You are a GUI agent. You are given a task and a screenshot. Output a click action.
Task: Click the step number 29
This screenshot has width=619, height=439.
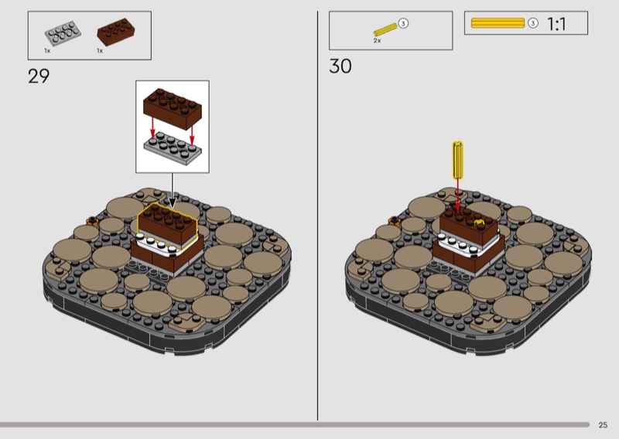click(x=39, y=76)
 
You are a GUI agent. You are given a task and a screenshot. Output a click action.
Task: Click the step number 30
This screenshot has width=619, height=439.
click(x=340, y=66)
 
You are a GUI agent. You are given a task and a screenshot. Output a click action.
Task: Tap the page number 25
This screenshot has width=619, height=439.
click(x=603, y=425)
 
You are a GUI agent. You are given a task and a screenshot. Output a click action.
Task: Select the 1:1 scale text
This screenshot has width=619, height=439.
click(x=556, y=24)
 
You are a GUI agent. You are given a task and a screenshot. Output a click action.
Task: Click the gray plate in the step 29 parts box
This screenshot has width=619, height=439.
click(x=63, y=33)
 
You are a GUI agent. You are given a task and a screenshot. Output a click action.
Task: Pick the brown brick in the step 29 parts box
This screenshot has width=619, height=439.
click(x=115, y=32)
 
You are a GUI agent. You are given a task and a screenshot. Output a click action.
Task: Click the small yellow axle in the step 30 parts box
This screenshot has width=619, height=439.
click(x=385, y=30)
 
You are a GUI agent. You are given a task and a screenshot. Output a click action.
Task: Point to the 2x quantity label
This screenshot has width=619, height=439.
click(x=377, y=41)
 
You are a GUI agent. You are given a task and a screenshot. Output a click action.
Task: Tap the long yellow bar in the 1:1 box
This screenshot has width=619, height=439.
click(x=498, y=23)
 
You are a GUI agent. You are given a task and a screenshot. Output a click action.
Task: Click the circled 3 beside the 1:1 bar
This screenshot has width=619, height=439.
click(x=533, y=23)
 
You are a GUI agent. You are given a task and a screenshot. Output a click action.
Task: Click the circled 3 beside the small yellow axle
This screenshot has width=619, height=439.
click(x=403, y=24)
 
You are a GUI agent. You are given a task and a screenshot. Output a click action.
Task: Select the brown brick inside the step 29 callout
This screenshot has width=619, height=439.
click(x=172, y=108)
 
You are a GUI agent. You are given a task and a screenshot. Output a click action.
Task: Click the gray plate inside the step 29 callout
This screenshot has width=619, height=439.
click(x=173, y=148)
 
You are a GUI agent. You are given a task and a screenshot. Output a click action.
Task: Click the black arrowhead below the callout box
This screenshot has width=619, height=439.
click(x=172, y=202)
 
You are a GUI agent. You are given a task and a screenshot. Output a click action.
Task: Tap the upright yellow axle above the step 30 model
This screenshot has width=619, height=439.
click(x=457, y=159)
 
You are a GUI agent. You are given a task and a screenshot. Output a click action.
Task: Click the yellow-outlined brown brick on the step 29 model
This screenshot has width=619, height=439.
click(x=167, y=225)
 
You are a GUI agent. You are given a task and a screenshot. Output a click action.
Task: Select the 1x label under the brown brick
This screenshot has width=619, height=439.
click(x=100, y=51)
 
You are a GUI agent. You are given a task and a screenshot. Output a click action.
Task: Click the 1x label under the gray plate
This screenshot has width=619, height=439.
click(x=47, y=51)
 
